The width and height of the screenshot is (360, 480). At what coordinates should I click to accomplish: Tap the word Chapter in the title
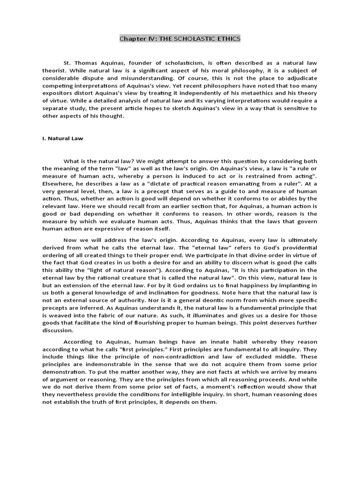(x=133, y=39)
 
